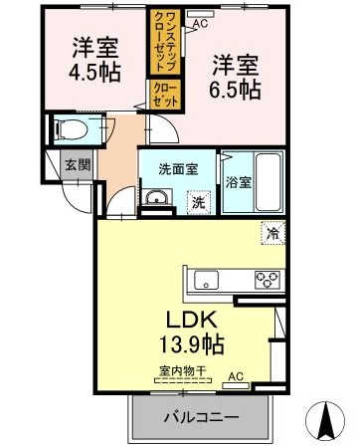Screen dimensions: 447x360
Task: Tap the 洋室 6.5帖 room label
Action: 236,77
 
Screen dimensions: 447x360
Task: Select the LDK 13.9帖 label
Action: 189,333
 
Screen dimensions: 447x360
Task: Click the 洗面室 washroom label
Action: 177,168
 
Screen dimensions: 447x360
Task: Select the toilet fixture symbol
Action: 71,129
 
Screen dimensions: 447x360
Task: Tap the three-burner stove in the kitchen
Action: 267,279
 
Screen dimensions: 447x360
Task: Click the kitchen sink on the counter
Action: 207,279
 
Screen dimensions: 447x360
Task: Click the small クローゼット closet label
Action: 163,96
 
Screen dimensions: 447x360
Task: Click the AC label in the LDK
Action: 236,377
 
